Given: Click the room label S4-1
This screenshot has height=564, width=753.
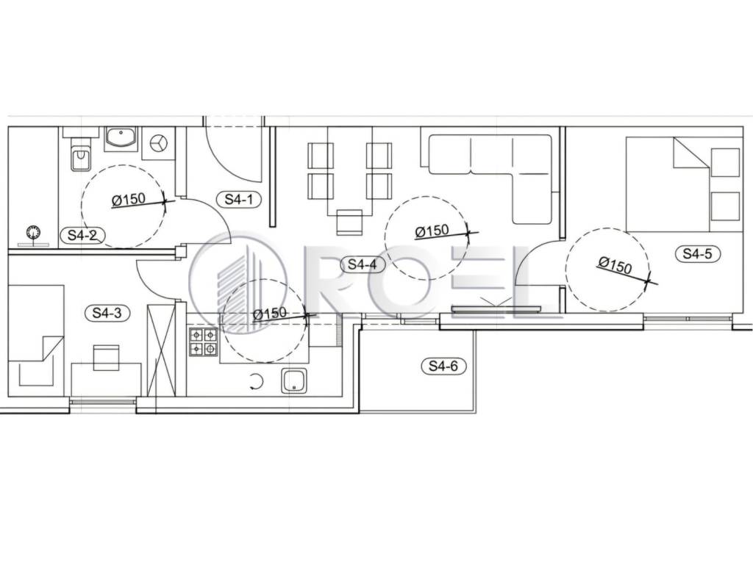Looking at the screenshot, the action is click(x=239, y=198).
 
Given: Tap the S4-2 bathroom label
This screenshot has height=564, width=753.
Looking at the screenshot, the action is click(x=82, y=235).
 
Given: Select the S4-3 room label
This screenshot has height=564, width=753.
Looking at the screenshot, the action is click(x=107, y=313).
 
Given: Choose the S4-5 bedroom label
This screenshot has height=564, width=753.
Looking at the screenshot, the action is click(x=697, y=253).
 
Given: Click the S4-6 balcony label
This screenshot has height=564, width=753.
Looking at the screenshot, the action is click(x=443, y=366).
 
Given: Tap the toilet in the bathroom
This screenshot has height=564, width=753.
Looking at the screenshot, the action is click(x=81, y=153).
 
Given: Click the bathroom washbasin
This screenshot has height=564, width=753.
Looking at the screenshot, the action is click(x=121, y=138).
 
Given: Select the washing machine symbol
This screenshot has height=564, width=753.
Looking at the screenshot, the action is click(x=159, y=143).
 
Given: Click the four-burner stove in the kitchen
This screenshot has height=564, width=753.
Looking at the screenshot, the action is click(x=204, y=341).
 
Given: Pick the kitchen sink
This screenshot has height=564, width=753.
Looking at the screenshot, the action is click(x=295, y=380).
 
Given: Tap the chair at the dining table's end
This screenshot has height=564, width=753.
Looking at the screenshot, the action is click(x=350, y=222).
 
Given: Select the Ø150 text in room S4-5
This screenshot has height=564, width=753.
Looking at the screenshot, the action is click(x=615, y=265).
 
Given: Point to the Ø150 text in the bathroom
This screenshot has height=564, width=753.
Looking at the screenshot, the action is click(x=129, y=199).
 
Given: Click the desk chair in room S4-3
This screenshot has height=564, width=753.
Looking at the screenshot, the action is click(x=106, y=358).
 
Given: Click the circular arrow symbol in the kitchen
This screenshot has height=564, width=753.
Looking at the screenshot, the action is click(x=257, y=382).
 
